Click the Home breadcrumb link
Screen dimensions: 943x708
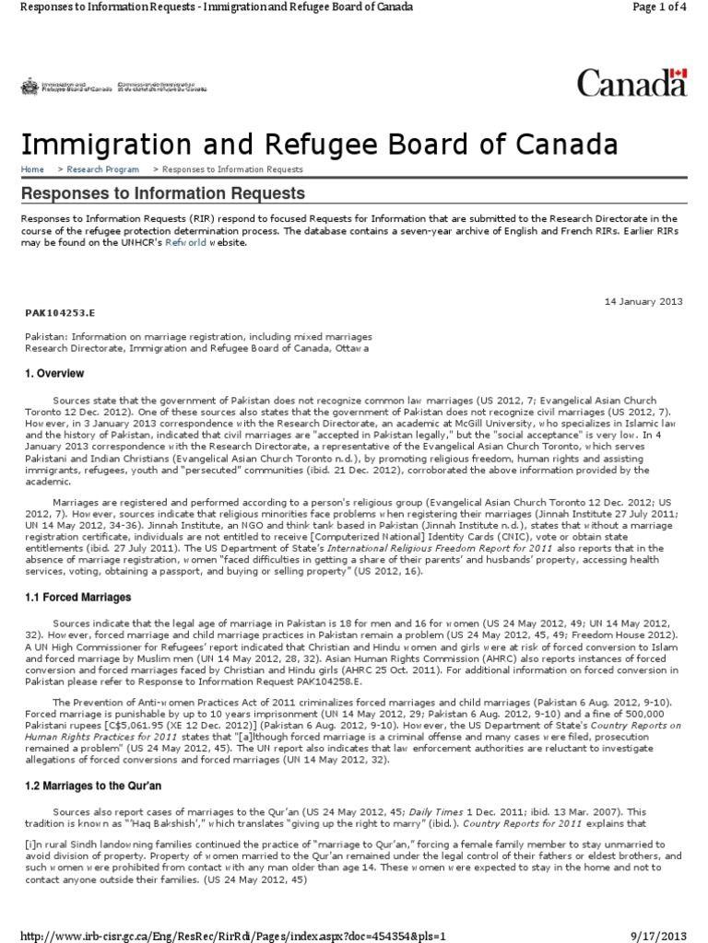(x=32, y=169)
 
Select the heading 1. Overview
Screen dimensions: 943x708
(x=53, y=374)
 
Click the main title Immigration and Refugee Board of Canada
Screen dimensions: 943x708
(x=318, y=145)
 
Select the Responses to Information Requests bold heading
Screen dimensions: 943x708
(x=162, y=193)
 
